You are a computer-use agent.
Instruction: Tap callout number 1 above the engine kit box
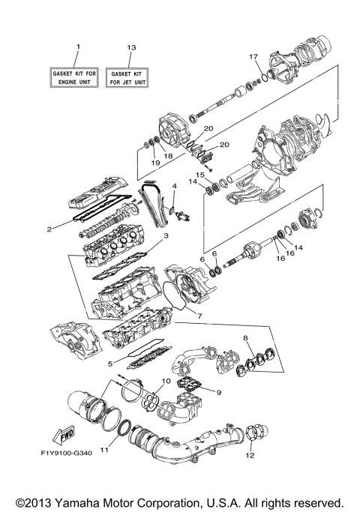[x=77, y=47]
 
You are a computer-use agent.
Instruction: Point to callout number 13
[x=132, y=47]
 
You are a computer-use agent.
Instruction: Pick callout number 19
[x=156, y=163]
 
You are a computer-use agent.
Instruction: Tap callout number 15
[x=200, y=175]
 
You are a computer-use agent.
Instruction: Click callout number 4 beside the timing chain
[x=174, y=185]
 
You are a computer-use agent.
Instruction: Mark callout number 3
[x=166, y=237]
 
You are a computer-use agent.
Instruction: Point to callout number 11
[x=104, y=450]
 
